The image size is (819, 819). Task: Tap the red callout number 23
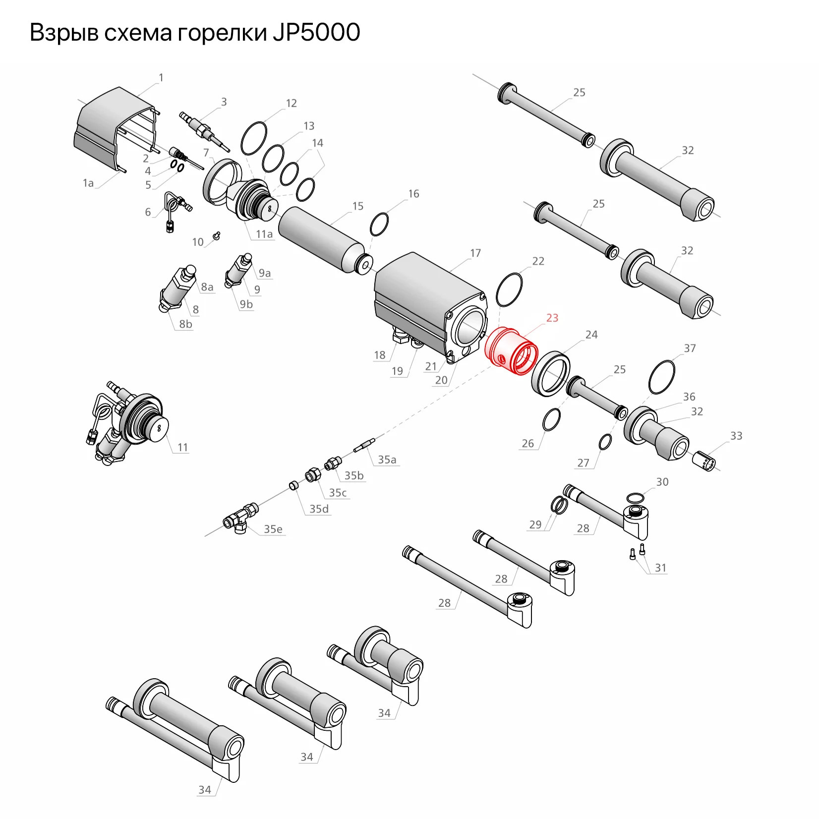tap(552, 318)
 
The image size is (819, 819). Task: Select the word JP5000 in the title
tap(316, 33)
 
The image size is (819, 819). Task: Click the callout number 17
tap(475, 253)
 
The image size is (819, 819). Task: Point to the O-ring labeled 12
tap(254, 138)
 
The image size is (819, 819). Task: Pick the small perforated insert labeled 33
tap(704, 461)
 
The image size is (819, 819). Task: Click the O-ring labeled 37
tap(662, 377)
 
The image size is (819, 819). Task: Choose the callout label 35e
tap(273, 529)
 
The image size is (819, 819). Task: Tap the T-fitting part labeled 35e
tap(240, 519)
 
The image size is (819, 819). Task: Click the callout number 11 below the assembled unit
tap(182, 447)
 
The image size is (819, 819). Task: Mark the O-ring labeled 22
tap(509, 290)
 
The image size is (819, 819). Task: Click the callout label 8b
tap(185, 324)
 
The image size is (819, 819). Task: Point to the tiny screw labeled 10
tap(216, 235)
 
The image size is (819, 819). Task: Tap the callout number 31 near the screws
tap(660, 568)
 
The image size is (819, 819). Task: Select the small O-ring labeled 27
tap(605, 442)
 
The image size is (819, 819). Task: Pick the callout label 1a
tap(88, 183)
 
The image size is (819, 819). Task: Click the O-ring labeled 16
tap(379, 225)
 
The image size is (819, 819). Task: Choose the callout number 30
tap(662, 482)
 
